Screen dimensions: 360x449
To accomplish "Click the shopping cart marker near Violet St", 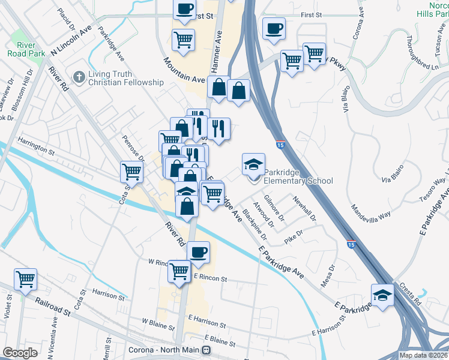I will pyautogui.click(x=26, y=278).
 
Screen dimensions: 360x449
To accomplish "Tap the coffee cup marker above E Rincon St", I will pyautogui.click(x=198, y=252).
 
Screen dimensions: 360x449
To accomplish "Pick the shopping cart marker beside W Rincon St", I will pyautogui.click(x=179, y=271).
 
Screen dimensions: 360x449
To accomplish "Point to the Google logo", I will pyautogui.click(x=20, y=353).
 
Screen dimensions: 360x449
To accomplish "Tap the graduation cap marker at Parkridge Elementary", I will pyautogui.click(x=253, y=163).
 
